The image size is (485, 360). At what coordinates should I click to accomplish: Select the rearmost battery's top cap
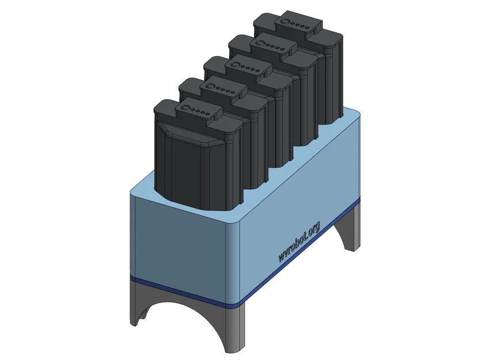(x=297, y=25)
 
